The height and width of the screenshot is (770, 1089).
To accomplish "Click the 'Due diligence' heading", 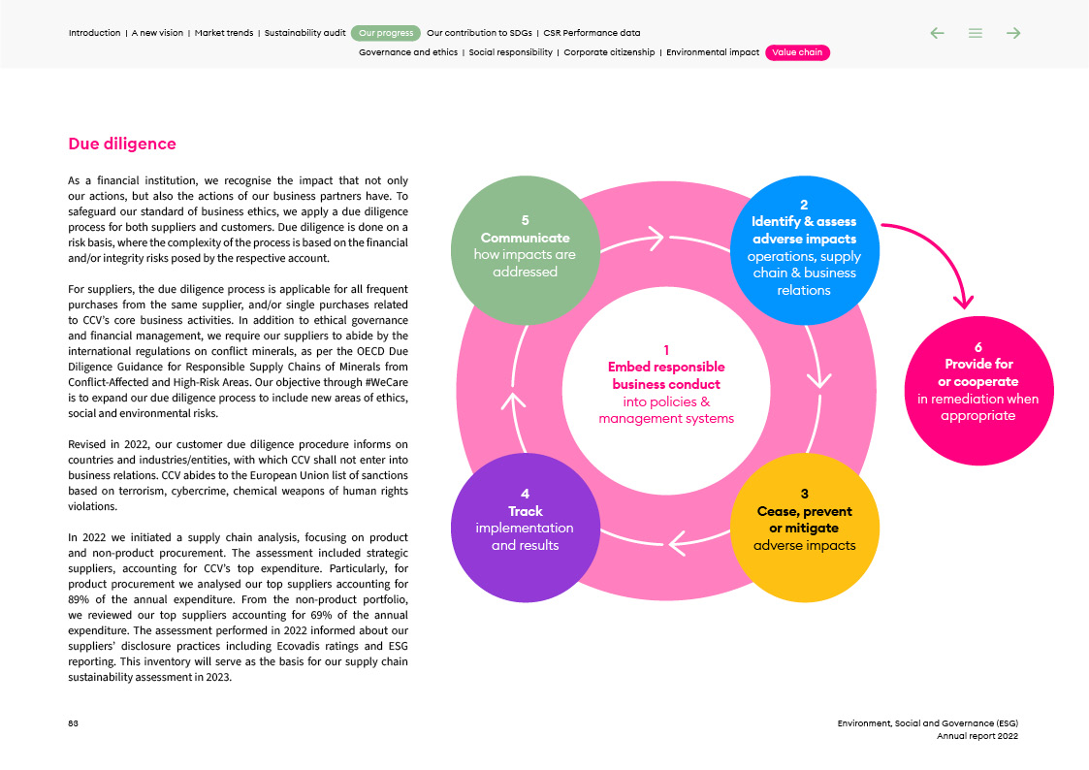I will point(122,144).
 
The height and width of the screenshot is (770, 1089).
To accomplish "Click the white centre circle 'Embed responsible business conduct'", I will point(666,384).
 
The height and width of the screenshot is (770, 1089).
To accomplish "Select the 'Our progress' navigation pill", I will point(386,33).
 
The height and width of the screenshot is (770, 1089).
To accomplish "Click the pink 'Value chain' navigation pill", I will point(797,53).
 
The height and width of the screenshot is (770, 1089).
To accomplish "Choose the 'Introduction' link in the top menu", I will point(94,33).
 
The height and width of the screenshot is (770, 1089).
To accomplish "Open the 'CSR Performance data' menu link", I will point(592,33).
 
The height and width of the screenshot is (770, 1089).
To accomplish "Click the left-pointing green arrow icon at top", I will point(937,33).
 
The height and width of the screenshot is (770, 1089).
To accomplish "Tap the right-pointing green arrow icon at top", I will point(1013,33).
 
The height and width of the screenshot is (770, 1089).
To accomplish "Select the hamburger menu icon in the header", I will point(976,33).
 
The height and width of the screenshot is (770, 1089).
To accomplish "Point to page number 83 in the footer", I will point(73,723).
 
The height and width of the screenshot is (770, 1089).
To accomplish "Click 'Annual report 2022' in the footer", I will point(977,736).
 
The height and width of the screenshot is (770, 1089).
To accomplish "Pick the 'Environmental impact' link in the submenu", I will point(713,53).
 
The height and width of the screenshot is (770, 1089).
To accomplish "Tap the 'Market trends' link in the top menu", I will point(224,33).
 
